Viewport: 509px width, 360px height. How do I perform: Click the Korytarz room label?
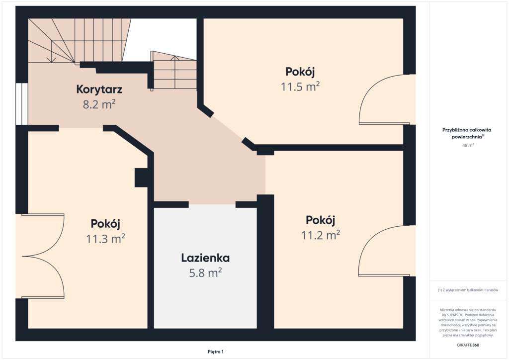point(99,90)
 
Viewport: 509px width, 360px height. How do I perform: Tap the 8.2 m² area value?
point(99,104)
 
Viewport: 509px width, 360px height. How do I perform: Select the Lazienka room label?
point(205,258)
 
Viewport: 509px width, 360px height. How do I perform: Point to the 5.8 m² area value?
point(205,272)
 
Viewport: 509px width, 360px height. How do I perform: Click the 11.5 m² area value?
point(300,87)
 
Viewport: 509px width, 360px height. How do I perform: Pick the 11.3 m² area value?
point(105,239)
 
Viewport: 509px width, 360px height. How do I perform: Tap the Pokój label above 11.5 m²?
point(300,72)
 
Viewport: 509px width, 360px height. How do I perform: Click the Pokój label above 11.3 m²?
point(105,224)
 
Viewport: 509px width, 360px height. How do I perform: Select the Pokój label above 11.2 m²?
point(321,220)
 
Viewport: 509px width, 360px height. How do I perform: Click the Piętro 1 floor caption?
point(216,352)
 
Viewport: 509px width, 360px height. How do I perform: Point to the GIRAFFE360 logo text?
point(468,345)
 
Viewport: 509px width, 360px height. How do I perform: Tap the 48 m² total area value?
point(468,145)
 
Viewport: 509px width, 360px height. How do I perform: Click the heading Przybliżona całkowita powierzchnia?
point(467,133)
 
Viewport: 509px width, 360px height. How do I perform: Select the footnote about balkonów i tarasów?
point(468,290)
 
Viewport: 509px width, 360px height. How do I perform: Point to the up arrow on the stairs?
point(175,72)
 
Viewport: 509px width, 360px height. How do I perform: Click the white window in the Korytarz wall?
point(22,104)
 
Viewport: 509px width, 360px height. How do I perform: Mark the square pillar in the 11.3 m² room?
point(141,178)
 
